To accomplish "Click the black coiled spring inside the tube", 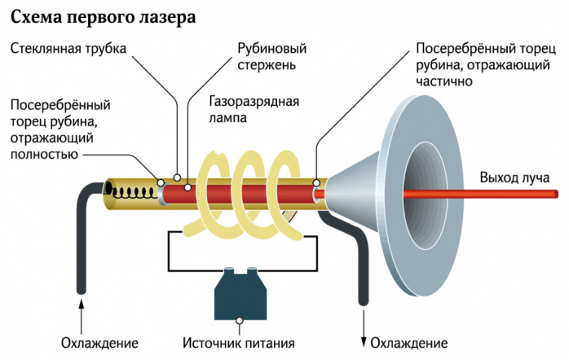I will (135, 193).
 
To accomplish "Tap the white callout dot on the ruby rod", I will (189, 187).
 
